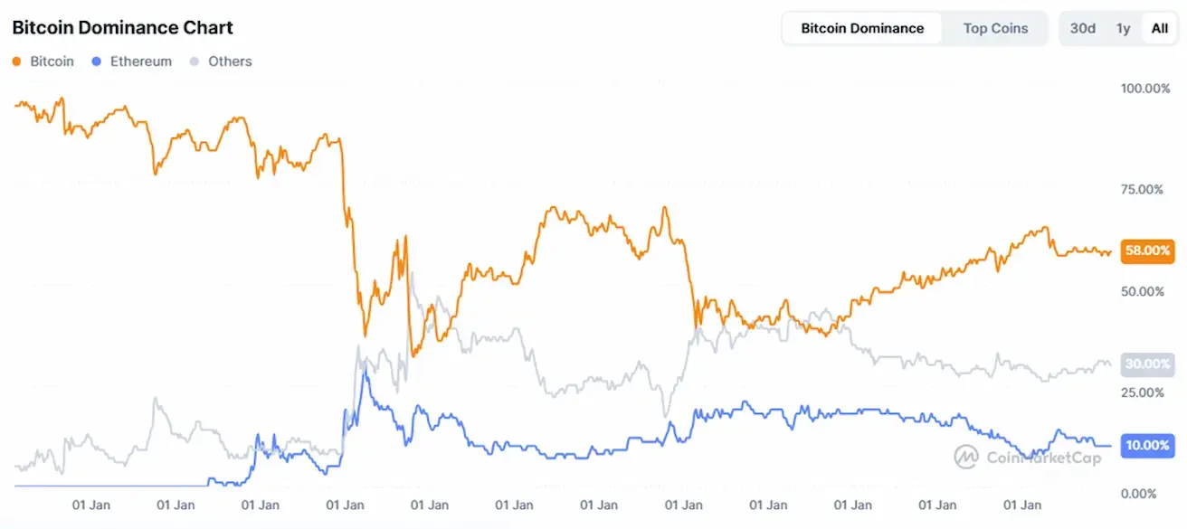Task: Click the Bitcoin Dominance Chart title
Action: [122, 28]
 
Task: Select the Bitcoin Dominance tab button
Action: [862, 28]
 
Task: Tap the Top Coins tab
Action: [995, 28]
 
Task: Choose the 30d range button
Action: [1082, 28]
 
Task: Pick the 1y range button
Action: [1123, 28]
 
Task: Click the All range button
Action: [1159, 28]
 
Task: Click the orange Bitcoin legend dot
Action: [16, 61]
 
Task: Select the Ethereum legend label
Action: [140, 61]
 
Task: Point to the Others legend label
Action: [230, 61]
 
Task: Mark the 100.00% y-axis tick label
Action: [1144, 89]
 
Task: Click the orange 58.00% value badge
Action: [1147, 250]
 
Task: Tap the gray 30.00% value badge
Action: [1147, 364]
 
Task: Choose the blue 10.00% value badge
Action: [1147, 445]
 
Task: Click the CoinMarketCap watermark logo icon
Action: [967, 457]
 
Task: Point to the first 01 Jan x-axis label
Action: [91, 505]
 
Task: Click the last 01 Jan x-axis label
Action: [1022, 505]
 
